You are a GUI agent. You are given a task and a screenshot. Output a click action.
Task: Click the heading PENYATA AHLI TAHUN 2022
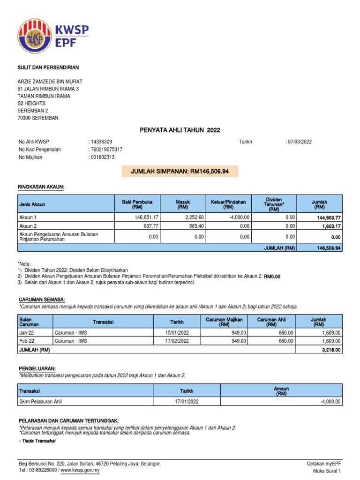point(180,130)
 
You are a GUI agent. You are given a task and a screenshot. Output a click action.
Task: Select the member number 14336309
point(101,142)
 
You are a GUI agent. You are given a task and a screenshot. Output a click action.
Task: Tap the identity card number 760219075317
point(106,150)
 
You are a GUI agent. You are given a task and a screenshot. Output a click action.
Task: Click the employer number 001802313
point(102,157)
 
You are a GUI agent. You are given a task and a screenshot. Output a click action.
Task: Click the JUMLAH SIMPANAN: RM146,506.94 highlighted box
point(180,172)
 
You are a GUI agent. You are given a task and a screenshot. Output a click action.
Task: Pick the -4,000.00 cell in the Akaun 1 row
point(240,217)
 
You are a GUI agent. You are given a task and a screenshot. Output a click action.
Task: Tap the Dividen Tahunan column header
point(274,204)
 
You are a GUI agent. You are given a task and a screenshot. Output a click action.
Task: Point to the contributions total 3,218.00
point(331,350)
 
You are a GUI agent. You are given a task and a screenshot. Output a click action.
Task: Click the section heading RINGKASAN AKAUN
point(40,187)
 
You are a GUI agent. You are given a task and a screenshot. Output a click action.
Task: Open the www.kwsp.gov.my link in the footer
point(80,470)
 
